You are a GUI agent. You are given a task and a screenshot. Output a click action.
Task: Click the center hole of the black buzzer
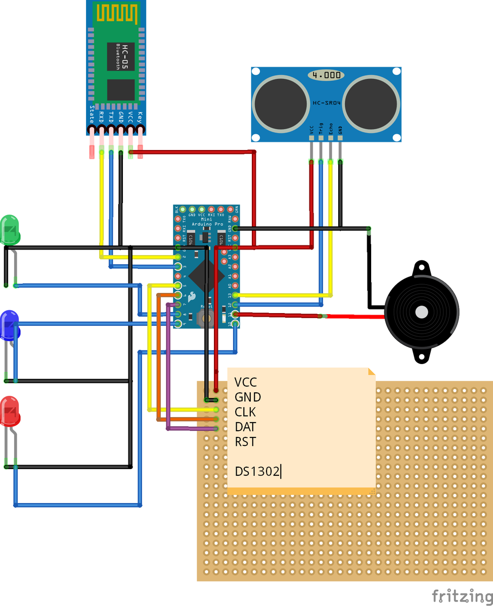click(x=421, y=312)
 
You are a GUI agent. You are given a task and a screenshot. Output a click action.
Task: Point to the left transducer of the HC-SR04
click(x=281, y=103)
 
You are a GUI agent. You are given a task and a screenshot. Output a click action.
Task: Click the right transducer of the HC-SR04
click(x=372, y=103)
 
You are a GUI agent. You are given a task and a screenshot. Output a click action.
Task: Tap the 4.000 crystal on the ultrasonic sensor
click(x=326, y=75)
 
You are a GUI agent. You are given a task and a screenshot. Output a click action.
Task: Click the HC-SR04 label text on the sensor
click(x=326, y=103)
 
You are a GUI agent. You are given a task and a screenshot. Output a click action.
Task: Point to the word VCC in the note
click(x=246, y=382)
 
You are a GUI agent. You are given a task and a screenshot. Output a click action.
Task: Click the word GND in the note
click(x=248, y=397)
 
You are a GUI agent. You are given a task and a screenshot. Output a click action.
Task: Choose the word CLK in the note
click(x=245, y=412)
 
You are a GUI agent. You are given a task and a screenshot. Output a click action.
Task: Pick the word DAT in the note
click(x=245, y=427)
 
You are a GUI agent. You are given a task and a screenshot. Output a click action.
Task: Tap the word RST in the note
click(x=245, y=442)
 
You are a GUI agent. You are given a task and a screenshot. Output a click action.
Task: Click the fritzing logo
click(x=462, y=596)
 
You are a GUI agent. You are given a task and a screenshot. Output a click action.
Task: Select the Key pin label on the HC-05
click(x=140, y=117)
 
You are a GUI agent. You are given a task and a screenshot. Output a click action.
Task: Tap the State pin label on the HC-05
click(x=92, y=115)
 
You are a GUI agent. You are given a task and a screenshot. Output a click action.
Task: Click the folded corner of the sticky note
click(x=372, y=372)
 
